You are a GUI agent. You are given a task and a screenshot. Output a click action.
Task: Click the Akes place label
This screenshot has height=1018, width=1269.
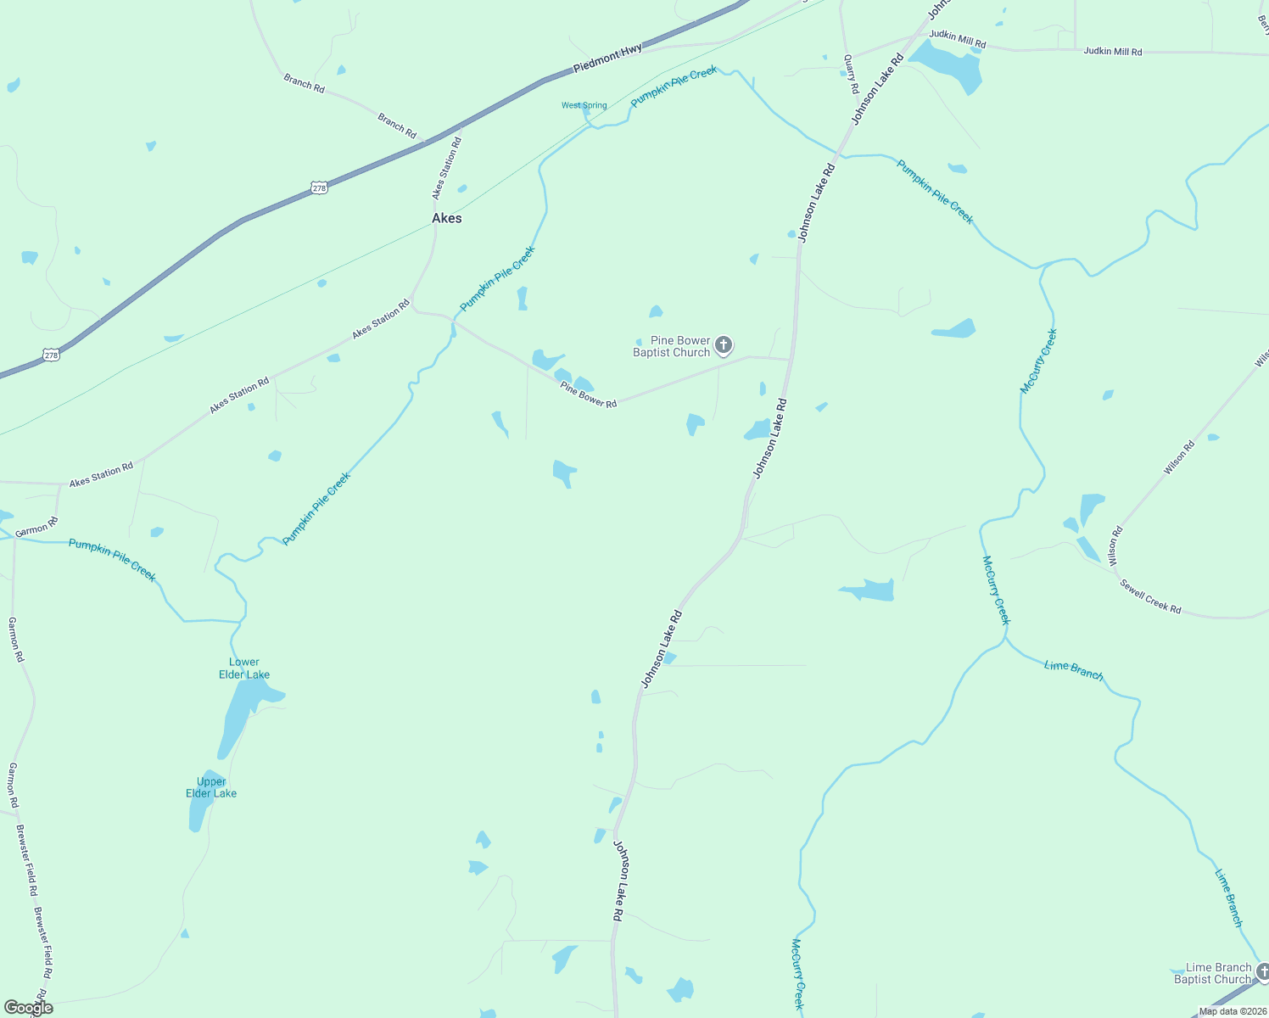coord(447,218)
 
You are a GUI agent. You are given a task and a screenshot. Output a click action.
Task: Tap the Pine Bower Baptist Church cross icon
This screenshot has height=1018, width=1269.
coord(723,344)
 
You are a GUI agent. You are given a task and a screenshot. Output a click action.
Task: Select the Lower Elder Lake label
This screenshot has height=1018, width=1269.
coord(244,668)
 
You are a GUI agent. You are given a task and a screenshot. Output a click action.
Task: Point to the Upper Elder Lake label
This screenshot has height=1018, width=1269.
coord(211,787)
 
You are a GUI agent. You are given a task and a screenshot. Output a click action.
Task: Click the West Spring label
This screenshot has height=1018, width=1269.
coord(584,106)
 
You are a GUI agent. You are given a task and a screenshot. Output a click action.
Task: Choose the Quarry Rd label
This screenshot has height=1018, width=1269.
coord(850,75)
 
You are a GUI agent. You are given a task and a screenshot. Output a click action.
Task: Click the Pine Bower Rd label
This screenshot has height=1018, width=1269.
coord(588,395)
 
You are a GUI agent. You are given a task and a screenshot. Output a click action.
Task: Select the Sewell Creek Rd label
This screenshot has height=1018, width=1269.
coord(1150,596)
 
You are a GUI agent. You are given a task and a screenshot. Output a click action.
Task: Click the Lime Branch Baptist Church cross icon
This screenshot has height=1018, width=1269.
coord(1263,972)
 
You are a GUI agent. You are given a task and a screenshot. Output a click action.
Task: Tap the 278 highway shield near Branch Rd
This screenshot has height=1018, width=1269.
coord(318,188)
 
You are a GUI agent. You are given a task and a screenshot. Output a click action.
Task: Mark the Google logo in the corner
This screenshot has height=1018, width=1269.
coord(28,1008)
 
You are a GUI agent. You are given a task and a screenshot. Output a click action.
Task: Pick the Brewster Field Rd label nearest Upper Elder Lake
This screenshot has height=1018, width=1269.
coord(26,860)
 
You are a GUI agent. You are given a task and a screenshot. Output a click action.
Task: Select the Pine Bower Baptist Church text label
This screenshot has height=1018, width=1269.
coord(672,346)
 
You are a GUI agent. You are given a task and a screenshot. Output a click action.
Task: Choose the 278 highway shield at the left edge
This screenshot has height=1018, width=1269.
coord(52,355)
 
